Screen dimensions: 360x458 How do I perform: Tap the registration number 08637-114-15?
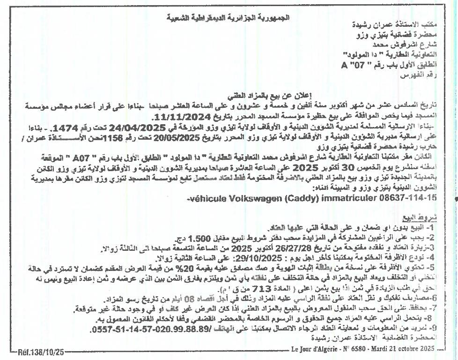click(404, 198)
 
